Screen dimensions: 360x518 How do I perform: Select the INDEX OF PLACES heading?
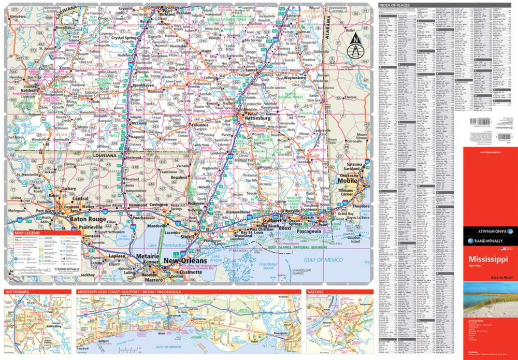[396, 5]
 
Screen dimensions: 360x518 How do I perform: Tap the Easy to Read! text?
[499, 277]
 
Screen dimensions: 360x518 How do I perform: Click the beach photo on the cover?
[490, 302]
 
